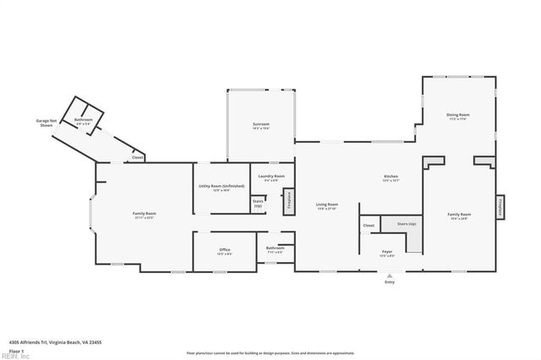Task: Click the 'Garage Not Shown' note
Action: click(47, 124)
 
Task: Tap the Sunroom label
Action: click(260, 126)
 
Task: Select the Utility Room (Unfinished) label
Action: click(221, 187)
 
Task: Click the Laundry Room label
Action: click(271, 177)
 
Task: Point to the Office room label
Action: click(225, 251)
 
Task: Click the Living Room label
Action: click(327, 206)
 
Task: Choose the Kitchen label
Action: click(391, 178)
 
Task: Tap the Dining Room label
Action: click(458, 117)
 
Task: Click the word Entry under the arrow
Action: click(389, 282)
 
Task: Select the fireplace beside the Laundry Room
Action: click(288, 200)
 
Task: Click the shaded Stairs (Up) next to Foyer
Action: click(407, 226)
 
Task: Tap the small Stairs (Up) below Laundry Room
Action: click(258, 204)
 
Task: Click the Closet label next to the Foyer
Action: click(369, 226)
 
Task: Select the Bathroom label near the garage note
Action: click(84, 121)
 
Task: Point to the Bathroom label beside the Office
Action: click(276, 250)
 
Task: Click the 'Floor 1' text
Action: click(16, 350)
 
